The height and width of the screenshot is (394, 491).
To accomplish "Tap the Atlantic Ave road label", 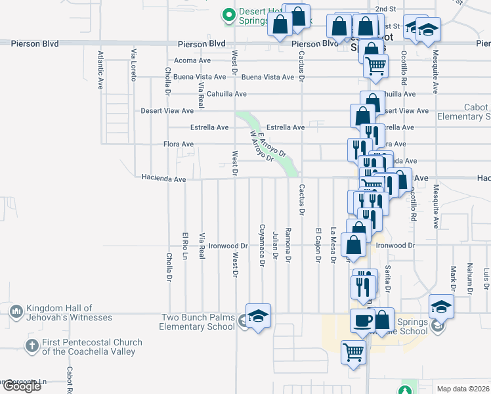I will coord(100,70).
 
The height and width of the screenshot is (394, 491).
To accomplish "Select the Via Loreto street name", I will coord(134,64).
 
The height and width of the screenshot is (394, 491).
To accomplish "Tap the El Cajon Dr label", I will coord(318,245).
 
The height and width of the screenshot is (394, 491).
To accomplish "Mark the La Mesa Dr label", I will coord(333,244).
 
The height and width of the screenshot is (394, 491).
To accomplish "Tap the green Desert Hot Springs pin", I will coord(228,14).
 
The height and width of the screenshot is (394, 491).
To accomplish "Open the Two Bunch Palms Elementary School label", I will coord(198,322).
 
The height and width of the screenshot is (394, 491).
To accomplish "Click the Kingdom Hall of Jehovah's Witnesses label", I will coord(68,313).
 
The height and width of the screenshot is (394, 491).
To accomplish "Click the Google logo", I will coord(21,386).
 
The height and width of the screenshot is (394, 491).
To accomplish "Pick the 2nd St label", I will coord(385,9).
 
